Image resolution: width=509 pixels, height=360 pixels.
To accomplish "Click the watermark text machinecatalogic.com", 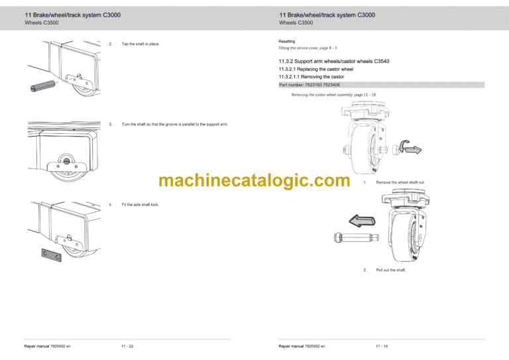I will (254, 180).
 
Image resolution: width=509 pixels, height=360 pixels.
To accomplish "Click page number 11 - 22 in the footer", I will (127, 346).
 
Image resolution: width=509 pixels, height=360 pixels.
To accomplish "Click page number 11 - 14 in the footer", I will (382, 346).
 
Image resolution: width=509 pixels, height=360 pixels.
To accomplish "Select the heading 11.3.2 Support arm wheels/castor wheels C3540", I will (334, 62).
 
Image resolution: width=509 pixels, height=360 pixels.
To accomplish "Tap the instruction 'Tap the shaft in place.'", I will (141, 44).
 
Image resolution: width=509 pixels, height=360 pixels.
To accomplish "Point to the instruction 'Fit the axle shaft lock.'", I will (141, 205).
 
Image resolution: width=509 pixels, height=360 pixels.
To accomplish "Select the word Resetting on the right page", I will (288, 41).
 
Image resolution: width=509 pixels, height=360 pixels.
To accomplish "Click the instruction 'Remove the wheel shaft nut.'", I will (400, 182).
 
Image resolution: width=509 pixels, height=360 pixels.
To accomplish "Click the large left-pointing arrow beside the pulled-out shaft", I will (363, 221).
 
